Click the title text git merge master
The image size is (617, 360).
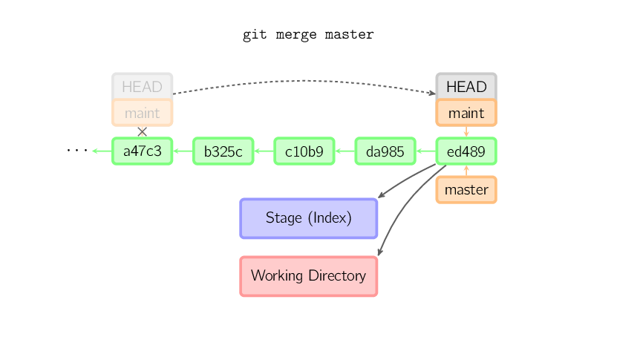click(308, 35)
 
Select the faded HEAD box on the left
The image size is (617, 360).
click(142, 87)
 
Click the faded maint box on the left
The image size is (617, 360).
click(142, 114)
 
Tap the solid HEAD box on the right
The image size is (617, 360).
click(466, 87)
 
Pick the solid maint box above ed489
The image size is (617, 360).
click(466, 114)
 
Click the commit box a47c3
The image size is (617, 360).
click(142, 152)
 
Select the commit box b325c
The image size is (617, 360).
click(223, 152)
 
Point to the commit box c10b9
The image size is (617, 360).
click(304, 152)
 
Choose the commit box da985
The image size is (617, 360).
click(385, 152)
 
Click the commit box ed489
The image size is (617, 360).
click(466, 152)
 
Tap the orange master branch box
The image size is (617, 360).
click(466, 190)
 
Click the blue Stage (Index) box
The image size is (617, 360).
click(308, 218)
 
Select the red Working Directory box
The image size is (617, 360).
click(308, 276)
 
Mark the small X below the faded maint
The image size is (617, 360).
click(142, 131)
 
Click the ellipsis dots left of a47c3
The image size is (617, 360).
click(76, 151)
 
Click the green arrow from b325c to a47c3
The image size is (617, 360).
click(183, 152)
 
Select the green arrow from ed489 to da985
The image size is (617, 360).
click(425, 152)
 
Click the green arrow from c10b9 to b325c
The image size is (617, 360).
click(264, 152)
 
